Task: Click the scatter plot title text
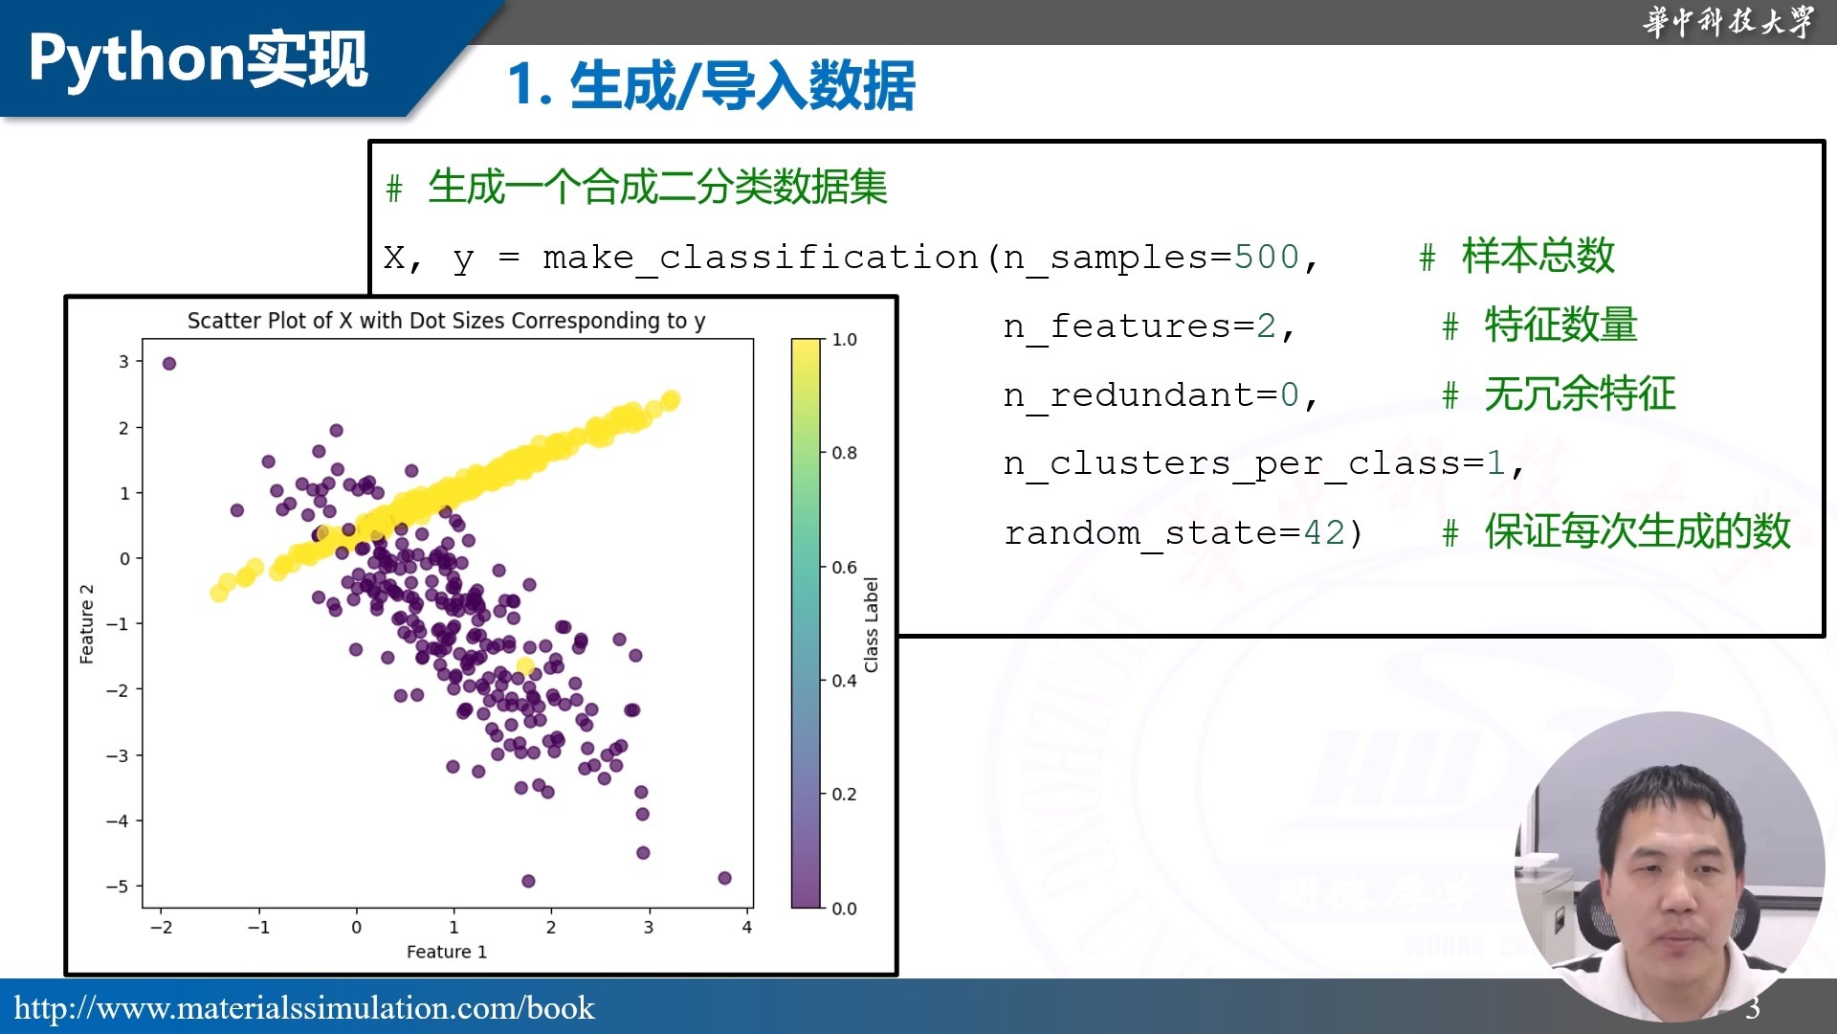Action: coord(446,321)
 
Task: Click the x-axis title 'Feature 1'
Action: coord(447,952)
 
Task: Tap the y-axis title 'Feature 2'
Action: coord(86,623)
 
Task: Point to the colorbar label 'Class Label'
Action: coord(871,624)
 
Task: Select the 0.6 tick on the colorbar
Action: coord(844,567)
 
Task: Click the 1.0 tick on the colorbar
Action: coord(844,340)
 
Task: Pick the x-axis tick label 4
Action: coord(747,927)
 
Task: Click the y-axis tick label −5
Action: coord(117,887)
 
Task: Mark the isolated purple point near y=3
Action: coord(169,364)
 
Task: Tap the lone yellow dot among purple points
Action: coord(524,666)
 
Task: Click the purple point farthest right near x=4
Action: coord(724,878)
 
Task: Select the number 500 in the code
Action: coord(1267,257)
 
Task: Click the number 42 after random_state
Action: coord(1325,532)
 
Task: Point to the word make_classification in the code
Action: coord(761,258)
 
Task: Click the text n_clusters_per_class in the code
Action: coord(1231,464)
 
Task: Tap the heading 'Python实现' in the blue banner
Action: coord(198,58)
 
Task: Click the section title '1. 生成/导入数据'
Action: coord(711,85)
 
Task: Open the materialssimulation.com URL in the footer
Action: coord(304,1008)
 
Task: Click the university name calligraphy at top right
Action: coord(1728,21)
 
